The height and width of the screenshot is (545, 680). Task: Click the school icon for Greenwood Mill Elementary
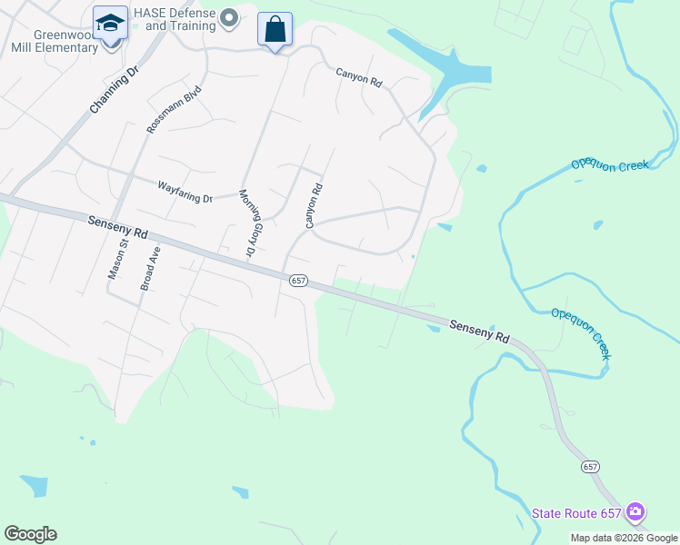click(x=110, y=23)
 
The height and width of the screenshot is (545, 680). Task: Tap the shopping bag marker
click(x=275, y=29)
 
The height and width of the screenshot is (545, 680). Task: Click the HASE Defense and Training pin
click(x=229, y=17)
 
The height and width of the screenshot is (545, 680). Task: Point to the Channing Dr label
click(x=113, y=89)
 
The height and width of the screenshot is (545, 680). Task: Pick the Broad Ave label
click(x=149, y=269)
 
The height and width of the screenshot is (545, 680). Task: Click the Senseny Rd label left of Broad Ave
click(x=117, y=227)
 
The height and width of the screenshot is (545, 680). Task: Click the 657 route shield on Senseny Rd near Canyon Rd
click(x=298, y=281)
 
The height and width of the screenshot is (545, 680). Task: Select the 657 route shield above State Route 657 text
click(x=590, y=466)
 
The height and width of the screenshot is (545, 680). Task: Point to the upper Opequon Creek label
click(x=609, y=164)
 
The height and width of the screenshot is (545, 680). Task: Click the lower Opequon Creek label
click(x=581, y=332)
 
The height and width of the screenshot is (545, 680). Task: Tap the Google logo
click(x=30, y=534)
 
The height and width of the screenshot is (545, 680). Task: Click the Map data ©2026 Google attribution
click(x=624, y=538)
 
